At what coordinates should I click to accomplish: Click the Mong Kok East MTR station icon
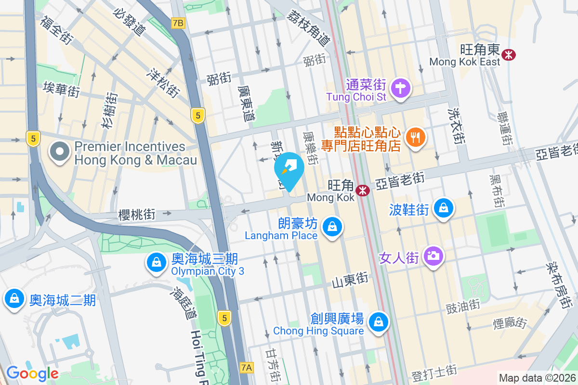pyautogui.click(x=508, y=54)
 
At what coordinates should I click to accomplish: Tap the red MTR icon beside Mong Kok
pyautogui.click(x=362, y=191)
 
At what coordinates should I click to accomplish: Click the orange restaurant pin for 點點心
pyautogui.click(x=414, y=137)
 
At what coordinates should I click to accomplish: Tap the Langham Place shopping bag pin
pyautogui.click(x=332, y=226)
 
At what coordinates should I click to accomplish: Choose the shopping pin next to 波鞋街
pyautogui.click(x=442, y=208)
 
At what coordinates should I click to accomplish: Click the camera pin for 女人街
pyautogui.click(x=433, y=256)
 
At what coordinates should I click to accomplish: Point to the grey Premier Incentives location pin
pyautogui.click(x=60, y=152)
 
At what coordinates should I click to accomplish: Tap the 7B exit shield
pyautogui.click(x=178, y=23)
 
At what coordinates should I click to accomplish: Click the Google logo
pyautogui.click(x=32, y=373)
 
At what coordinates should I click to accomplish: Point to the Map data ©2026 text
pyautogui.click(x=537, y=378)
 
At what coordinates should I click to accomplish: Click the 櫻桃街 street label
pyautogui.click(x=137, y=215)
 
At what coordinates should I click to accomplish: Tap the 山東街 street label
pyautogui.click(x=350, y=281)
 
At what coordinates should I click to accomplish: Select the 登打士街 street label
pyautogui.click(x=434, y=372)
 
